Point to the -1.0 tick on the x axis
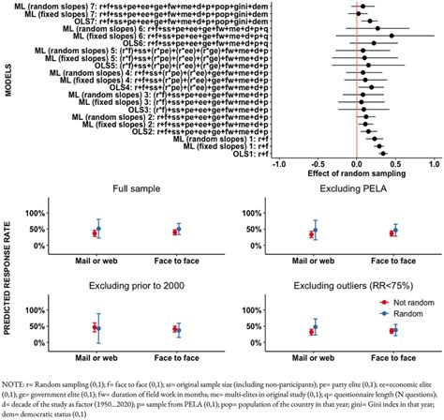279,164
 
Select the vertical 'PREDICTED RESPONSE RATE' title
8,272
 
